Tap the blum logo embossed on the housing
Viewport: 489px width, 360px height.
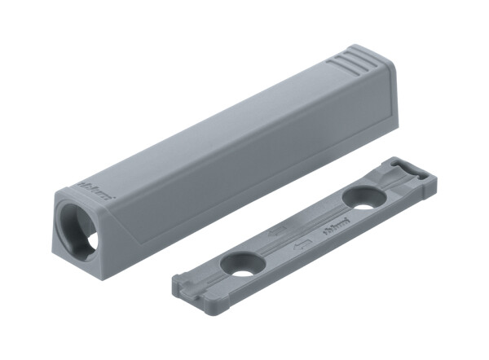click(x=98, y=191)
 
